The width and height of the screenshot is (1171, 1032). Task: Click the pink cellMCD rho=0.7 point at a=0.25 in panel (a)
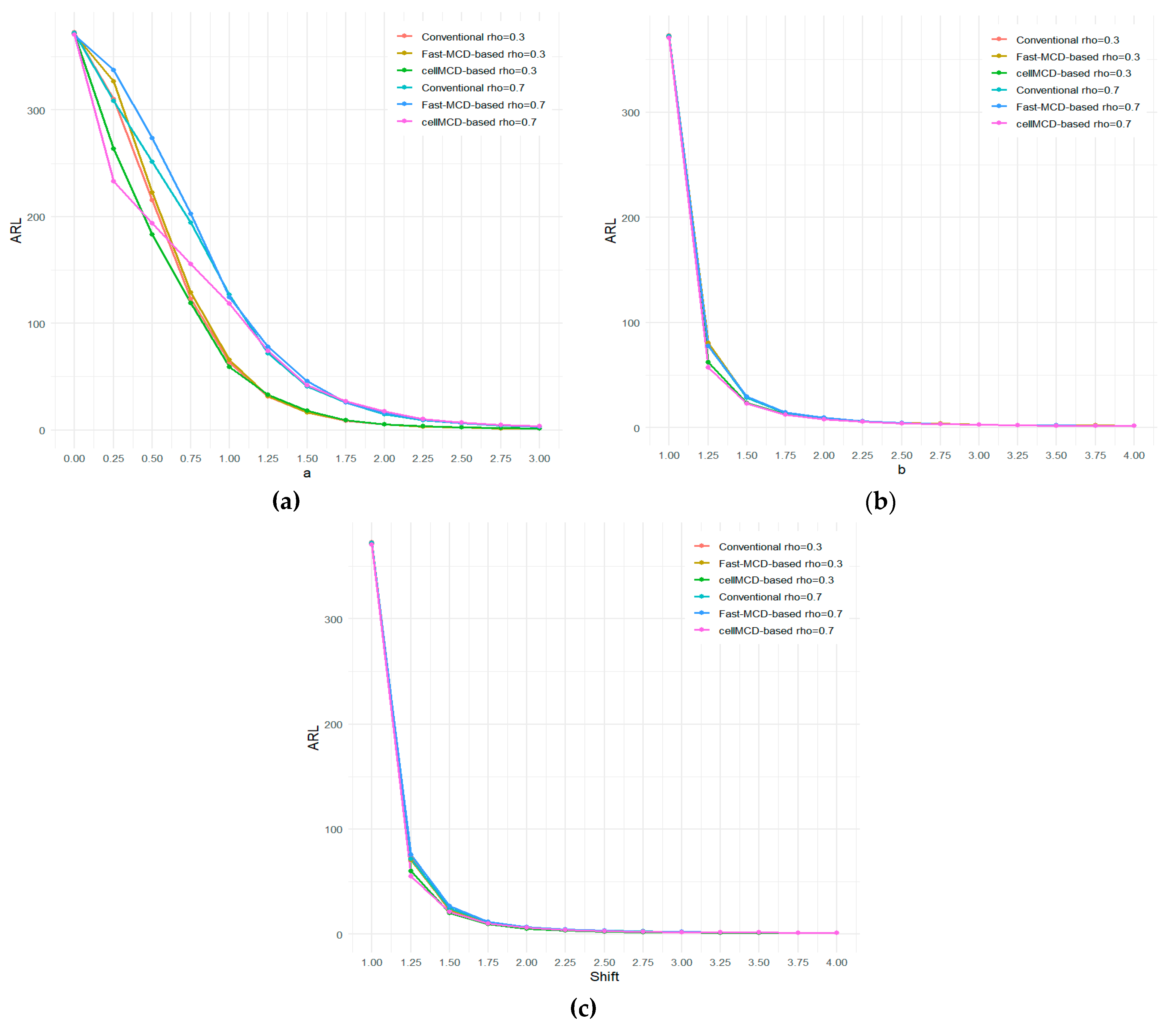tap(114, 182)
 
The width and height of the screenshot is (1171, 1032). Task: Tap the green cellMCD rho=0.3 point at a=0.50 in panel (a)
tap(152, 234)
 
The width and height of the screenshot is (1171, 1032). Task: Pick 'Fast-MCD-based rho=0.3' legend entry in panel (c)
tap(780, 564)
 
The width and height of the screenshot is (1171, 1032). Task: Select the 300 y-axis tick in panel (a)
tap(36, 110)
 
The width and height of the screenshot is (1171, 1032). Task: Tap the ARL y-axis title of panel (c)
tap(313, 738)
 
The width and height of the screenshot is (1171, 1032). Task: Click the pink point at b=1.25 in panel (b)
tap(708, 367)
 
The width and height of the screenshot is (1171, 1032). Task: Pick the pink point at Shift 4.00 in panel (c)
tap(836, 933)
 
